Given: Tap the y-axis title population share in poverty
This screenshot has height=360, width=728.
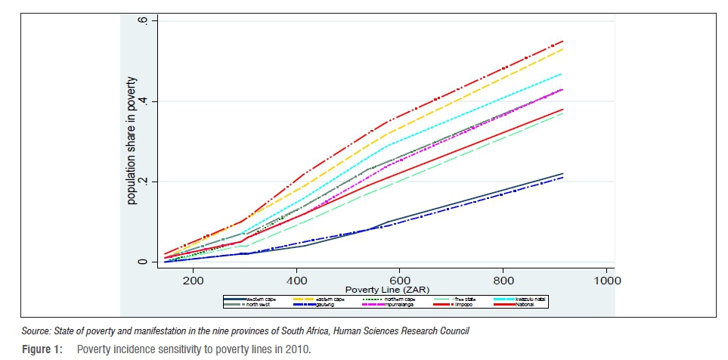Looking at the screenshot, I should [132, 141].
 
